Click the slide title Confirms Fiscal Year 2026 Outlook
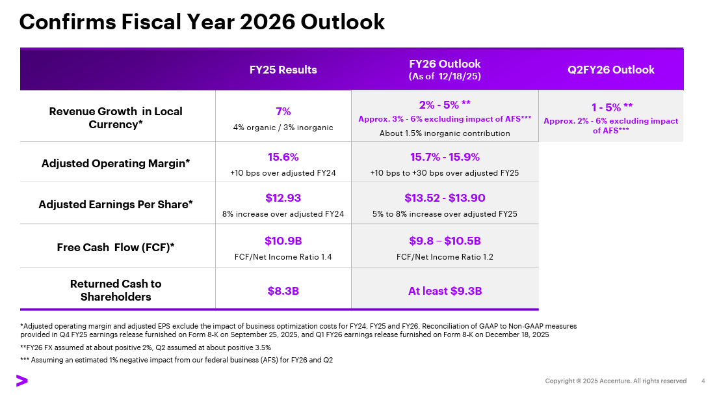coord(202,22)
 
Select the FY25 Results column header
coord(283,70)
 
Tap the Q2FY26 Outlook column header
coord(611,70)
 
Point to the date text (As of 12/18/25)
coord(445,76)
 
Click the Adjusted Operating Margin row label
coord(116,163)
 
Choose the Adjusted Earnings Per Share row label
coord(116,204)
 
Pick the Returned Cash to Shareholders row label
coord(116,290)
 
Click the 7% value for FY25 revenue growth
coord(283,111)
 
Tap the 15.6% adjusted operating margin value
coord(283,157)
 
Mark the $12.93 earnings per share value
coord(283,198)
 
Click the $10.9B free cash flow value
coord(283,241)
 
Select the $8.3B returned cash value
coord(283,291)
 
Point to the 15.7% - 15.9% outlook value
coord(445,157)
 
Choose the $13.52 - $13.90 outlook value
coord(445,198)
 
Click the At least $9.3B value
coord(445,291)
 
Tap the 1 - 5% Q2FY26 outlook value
coord(611,107)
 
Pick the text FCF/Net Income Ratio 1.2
coord(445,257)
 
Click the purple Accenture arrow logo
coord(22,381)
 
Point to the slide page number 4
coord(703,381)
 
